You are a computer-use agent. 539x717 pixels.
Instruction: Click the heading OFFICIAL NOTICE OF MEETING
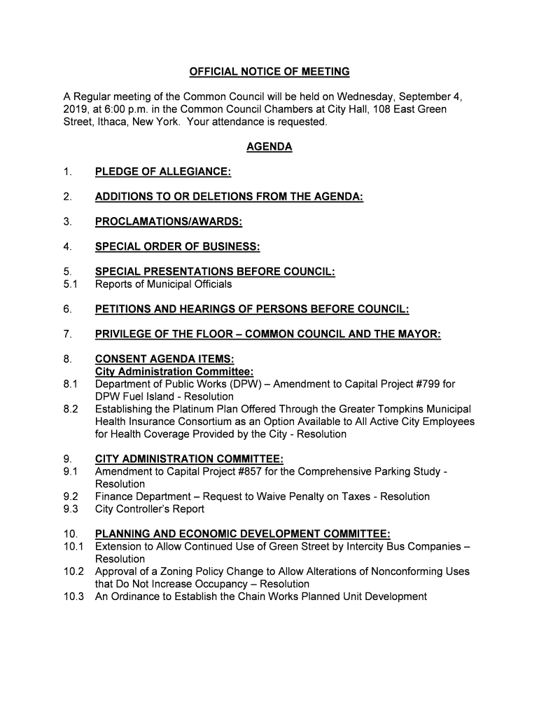click(269, 72)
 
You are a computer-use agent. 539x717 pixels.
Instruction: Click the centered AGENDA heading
click(269, 147)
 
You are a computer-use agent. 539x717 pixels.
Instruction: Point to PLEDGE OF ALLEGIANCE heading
click(163, 172)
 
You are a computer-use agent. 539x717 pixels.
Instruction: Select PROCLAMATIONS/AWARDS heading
click(169, 223)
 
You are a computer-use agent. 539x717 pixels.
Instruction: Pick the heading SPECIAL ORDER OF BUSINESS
click(178, 247)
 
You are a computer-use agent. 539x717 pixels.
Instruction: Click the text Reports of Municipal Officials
click(163, 284)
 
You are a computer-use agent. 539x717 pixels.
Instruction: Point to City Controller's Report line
click(150, 509)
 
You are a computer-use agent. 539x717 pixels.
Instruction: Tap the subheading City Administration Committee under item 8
click(174, 372)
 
